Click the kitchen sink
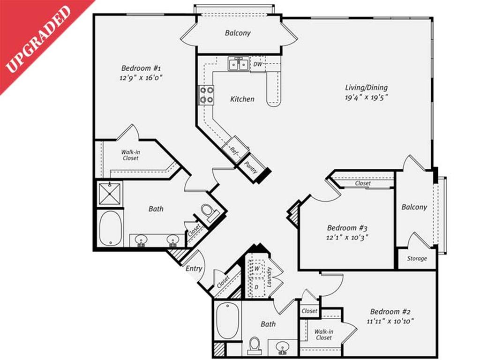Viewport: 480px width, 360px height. pyautogui.click(x=239, y=63)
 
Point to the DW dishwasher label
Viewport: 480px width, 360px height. pyautogui.click(x=258, y=64)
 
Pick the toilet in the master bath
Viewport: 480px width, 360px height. pyautogui.click(x=208, y=212)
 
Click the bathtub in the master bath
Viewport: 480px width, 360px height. pyautogui.click(x=111, y=228)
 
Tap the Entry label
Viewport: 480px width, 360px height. pyautogui.click(x=194, y=269)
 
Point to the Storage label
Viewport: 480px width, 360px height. pyautogui.click(x=417, y=258)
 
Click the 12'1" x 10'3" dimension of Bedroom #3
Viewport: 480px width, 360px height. pyautogui.click(x=347, y=237)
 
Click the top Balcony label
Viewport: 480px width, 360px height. pyautogui.click(x=238, y=33)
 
